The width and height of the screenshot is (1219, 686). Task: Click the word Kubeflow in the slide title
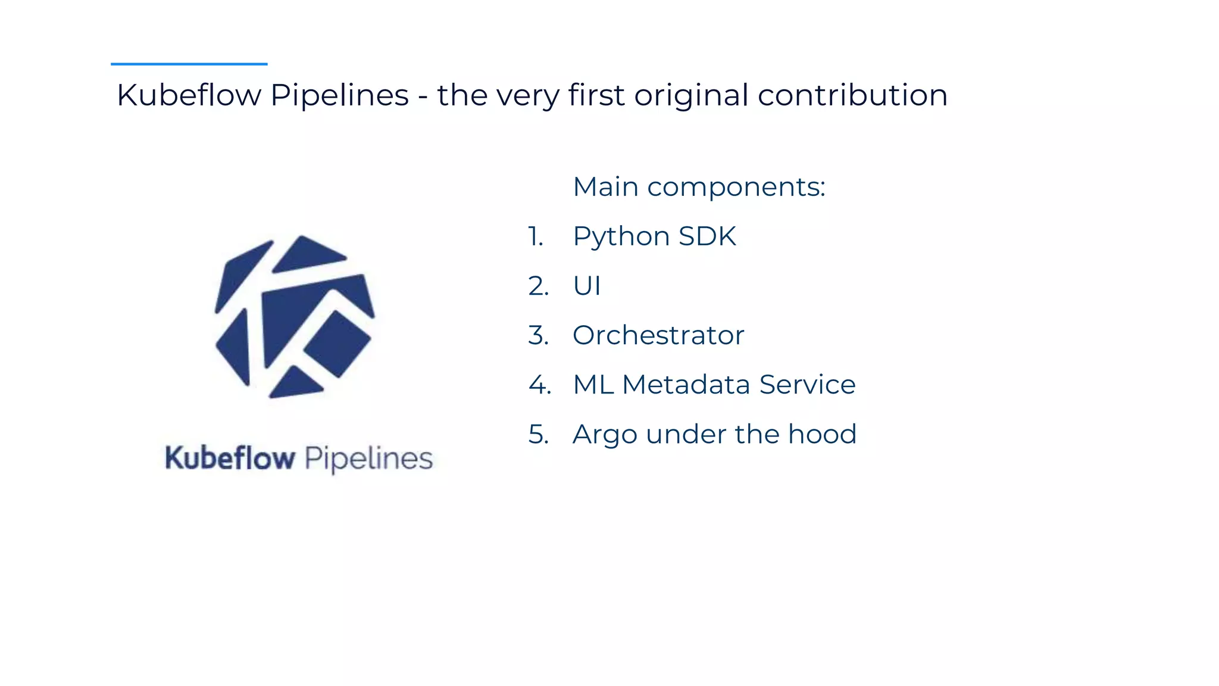[189, 95]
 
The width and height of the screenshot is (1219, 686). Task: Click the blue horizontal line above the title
[189, 64]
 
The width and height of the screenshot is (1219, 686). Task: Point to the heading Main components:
[699, 187]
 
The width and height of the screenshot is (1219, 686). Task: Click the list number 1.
[535, 236]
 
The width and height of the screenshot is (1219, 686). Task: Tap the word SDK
[707, 236]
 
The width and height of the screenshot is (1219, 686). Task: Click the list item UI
[586, 286]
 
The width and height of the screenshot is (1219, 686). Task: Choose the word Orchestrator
[658, 335]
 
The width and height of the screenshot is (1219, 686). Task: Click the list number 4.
[539, 385]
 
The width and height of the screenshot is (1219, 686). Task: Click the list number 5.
[538, 434]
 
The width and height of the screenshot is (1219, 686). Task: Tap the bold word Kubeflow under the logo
[230, 458]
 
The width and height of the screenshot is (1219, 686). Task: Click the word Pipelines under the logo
[368, 459]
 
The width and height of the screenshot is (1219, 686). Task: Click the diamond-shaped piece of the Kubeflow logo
[337, 344]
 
